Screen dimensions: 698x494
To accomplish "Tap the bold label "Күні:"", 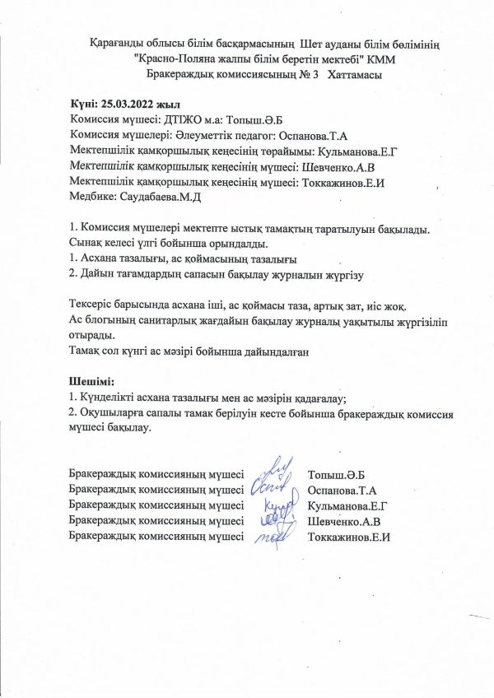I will pos(84,105).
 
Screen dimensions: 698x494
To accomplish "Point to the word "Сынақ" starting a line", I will pos(87,243).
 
